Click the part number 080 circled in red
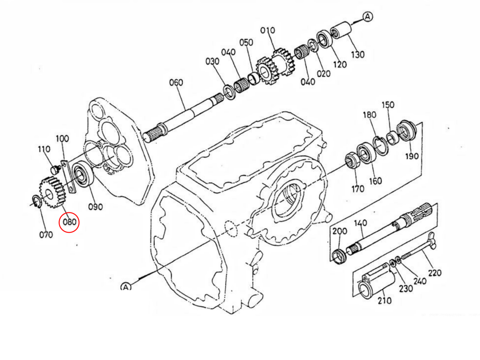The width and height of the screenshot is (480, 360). (x=69, y=222)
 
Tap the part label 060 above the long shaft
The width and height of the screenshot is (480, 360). (x=176, y=83)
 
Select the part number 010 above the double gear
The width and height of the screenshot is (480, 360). (x=268, y=30)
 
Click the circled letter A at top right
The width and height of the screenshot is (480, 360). (x=368, y=17)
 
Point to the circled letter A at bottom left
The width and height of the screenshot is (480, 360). (x=126, y=286)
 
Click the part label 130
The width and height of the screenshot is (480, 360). (x=358, y=54)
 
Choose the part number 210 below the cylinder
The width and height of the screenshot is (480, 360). (x=384, y=301)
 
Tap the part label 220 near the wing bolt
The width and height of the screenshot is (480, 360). (x=434, y=273)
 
